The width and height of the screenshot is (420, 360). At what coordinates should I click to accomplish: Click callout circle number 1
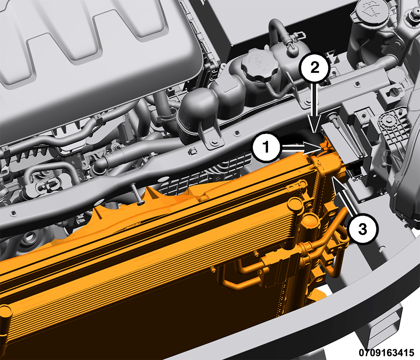(266, 147)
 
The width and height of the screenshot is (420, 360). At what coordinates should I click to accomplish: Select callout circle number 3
(363, 229)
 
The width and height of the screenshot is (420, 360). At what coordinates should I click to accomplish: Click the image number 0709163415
(386, 352)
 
